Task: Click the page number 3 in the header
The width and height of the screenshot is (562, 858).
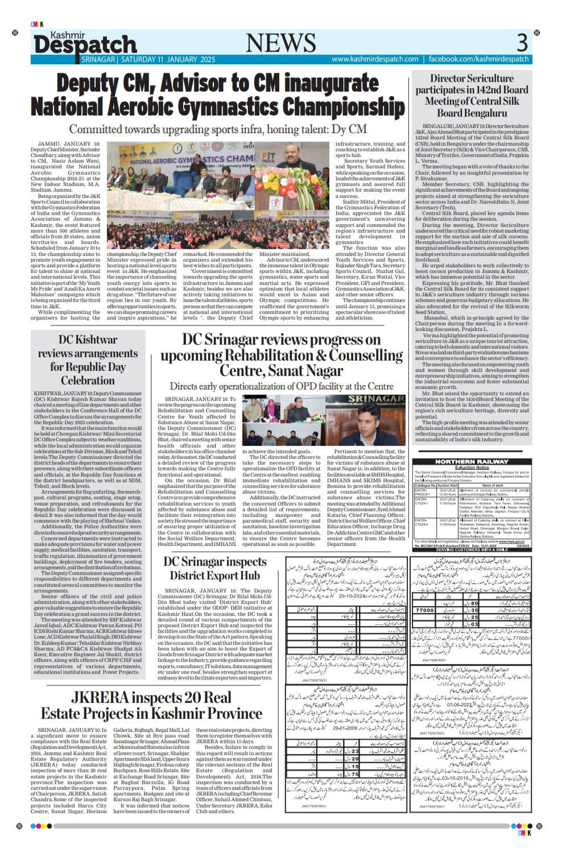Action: click(x=522, y=43)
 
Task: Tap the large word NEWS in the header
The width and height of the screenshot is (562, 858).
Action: click(x=280, y=43)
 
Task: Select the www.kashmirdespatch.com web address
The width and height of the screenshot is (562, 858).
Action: click(x=375, y=59)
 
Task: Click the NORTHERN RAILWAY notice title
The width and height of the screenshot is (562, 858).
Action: click(x=472, y=462)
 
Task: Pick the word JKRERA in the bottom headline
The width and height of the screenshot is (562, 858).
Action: click(x=104, y=698)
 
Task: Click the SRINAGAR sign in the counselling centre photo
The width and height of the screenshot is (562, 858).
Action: click(x=377, y=400)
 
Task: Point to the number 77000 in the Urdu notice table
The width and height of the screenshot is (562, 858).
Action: click(x=425, y=610)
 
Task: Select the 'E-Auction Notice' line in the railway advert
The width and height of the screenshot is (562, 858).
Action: click(x=472, y=467)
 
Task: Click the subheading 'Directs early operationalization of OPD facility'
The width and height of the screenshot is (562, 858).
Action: click(x=282, y=387)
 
